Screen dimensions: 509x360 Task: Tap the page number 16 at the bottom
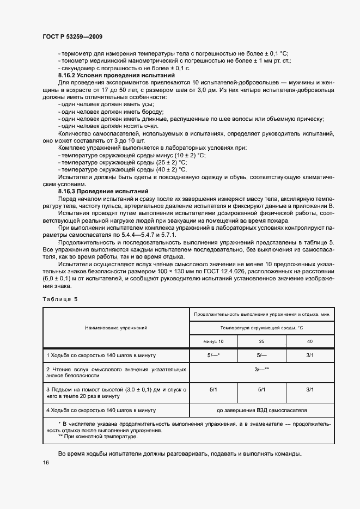pyautogui.click(x=45, y=463)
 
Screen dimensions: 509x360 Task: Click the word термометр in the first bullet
pyautogui.click(x=77, y=53)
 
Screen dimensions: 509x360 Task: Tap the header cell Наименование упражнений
pyautogui.click(x=115, y=328)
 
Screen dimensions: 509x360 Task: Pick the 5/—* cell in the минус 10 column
pyautogui.click(x=213, y=355)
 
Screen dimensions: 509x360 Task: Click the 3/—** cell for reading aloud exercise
pyautogui.click(x=261, y=370)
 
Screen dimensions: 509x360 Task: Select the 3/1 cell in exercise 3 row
pyautogui.click(x=309, y=390)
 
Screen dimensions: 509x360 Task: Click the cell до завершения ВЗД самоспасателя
pyautogui.click(x=261, y=410)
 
